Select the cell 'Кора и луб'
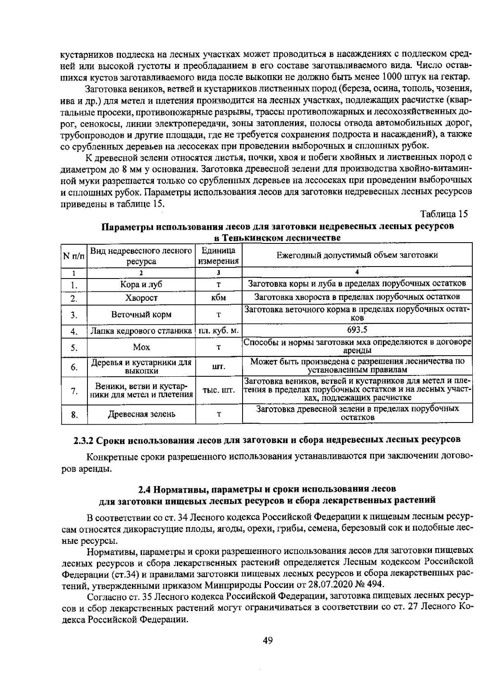141,284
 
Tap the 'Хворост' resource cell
141,298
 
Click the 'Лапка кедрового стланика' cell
141,331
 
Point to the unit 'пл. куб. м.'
218,331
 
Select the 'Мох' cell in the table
141,347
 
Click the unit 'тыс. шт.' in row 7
218,390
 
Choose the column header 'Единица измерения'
218,256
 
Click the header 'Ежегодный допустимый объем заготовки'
357,255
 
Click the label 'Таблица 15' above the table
443,214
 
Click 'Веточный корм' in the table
141,315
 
